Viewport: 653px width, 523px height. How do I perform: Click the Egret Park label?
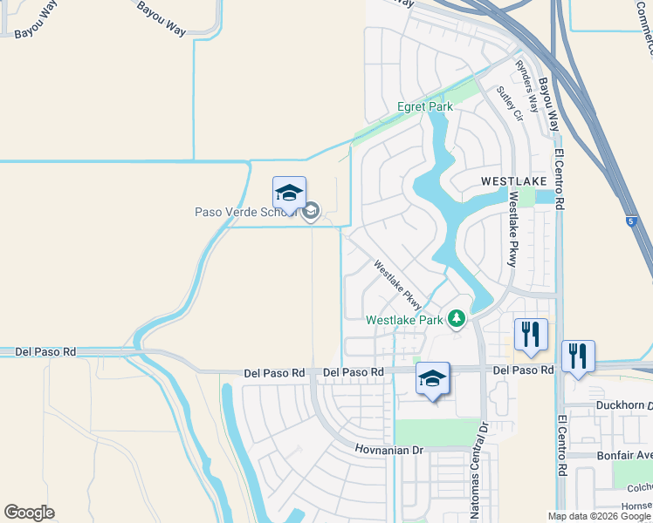pos(425,106)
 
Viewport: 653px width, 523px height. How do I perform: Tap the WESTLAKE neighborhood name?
pos(513,181)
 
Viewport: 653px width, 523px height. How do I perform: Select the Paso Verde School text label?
pos(246,212)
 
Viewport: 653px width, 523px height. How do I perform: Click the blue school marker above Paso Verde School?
pos(289,194)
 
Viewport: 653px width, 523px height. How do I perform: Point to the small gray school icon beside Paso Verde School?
pos(310,211)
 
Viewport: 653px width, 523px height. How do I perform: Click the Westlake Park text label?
pos(403,320)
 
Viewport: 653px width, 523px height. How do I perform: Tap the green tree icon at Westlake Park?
pos(456,319)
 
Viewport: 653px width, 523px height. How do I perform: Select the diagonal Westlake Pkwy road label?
pos(398,285)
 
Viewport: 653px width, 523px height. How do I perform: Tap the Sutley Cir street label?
pos(509,103)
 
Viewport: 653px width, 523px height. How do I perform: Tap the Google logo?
pos(29,513)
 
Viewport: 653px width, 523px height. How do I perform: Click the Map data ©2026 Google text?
pos(599,516)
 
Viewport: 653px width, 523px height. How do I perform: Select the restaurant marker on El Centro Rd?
pos(578,357)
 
